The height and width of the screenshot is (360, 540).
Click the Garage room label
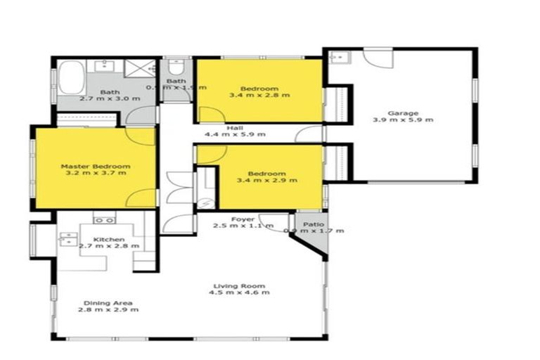[403, 112]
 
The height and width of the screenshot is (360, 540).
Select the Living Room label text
[238, 285]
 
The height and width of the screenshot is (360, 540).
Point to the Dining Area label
[105, 303]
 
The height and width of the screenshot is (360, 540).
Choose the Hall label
[234, 127]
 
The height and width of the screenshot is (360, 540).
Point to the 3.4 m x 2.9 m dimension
[267, 181]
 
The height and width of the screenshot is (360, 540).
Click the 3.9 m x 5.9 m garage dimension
[403, 120]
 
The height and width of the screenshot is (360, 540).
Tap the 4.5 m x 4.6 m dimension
[238, 292]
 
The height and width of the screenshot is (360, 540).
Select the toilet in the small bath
[176, 68]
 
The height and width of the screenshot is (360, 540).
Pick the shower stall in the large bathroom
[139, 69]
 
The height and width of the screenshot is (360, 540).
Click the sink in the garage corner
[336, 56]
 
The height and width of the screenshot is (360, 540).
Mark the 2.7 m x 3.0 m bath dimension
[109, 99]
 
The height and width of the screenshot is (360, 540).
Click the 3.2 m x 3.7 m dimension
[94, 173]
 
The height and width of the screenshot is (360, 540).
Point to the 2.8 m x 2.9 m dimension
[105, 310]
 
